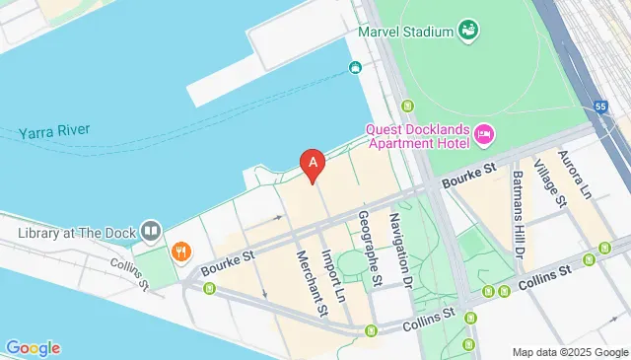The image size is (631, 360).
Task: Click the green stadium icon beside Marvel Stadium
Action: (x=468, y=30)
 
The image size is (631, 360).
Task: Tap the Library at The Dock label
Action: (x=74, y=233)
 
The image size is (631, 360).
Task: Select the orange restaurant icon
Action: (x=180, y=252)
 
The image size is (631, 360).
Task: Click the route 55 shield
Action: (x=600, y=107)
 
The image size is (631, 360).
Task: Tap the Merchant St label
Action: (x=311, y=284)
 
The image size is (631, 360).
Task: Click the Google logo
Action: (x=33, y=347)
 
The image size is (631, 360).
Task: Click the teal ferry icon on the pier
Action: (x=354, y=68)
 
